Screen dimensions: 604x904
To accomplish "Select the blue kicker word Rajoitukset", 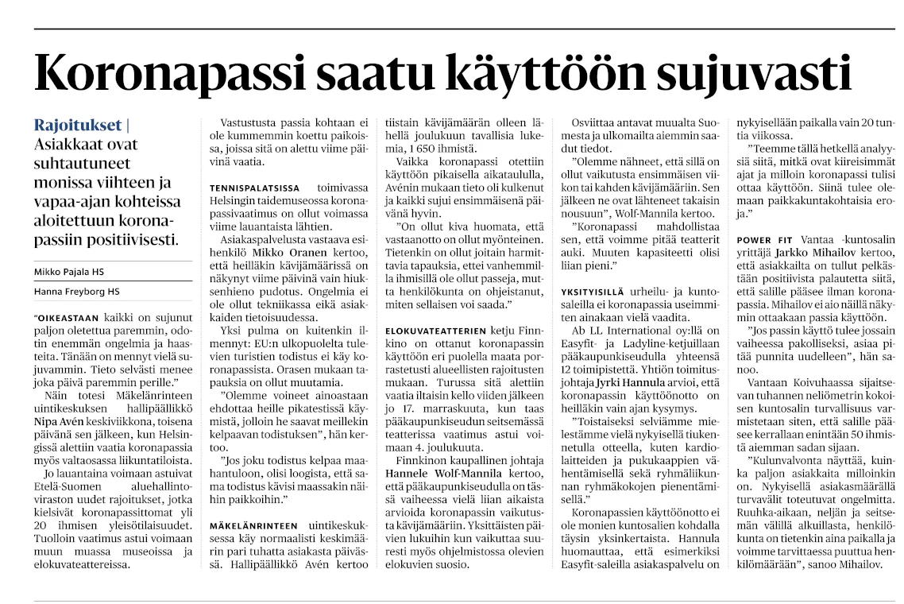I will [78, 125].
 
